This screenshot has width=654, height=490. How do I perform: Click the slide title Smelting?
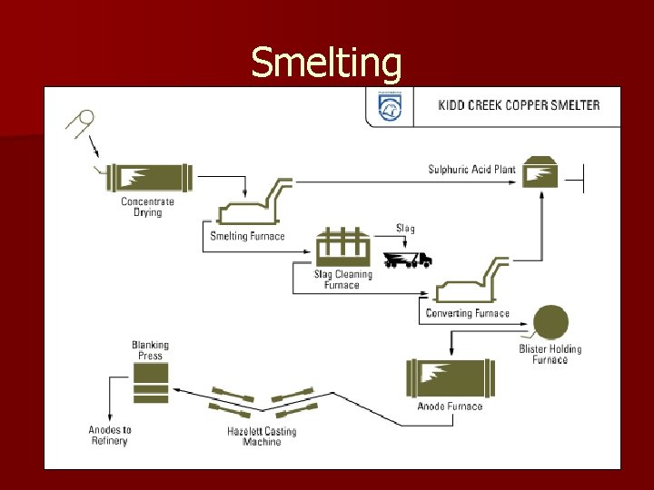pyautogui.click(x=326, y=63)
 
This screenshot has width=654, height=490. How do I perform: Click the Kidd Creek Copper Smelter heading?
pyautogui.click(x=519, y=105)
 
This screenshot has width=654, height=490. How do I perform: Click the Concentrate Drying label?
pyautogui.click(x=147, y=207)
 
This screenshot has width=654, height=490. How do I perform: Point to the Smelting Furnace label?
pyautogui.click(x=247, y=237)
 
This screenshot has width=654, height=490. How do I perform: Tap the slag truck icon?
pyautogui.click(x=408, y=260)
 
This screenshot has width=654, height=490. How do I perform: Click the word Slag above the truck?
pyautogui.click(x=405, y=229)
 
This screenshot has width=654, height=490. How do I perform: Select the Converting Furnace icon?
pyautogui.click(x=467, y=283)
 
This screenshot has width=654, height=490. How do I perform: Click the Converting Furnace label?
pyautogui.click(x=467, y=314)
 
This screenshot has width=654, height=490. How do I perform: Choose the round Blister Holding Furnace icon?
pyautogui.click(x=550, y=321)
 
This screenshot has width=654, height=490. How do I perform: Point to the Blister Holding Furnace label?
pyautogui.click(x=550, y=354)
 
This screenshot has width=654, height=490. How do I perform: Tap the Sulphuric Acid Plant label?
pyautogui.click(x=472, y=170)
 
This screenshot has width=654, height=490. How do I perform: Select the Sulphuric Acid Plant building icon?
pyautogui.click(x=540, y=172)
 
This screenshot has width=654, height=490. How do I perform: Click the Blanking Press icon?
pyautogui.click(x=150, y=385)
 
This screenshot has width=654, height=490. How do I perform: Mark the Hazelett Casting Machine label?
pyautogui.click(x=262, y=436)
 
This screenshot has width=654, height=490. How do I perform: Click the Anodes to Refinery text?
pyautogui.click(x=110, y=436)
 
